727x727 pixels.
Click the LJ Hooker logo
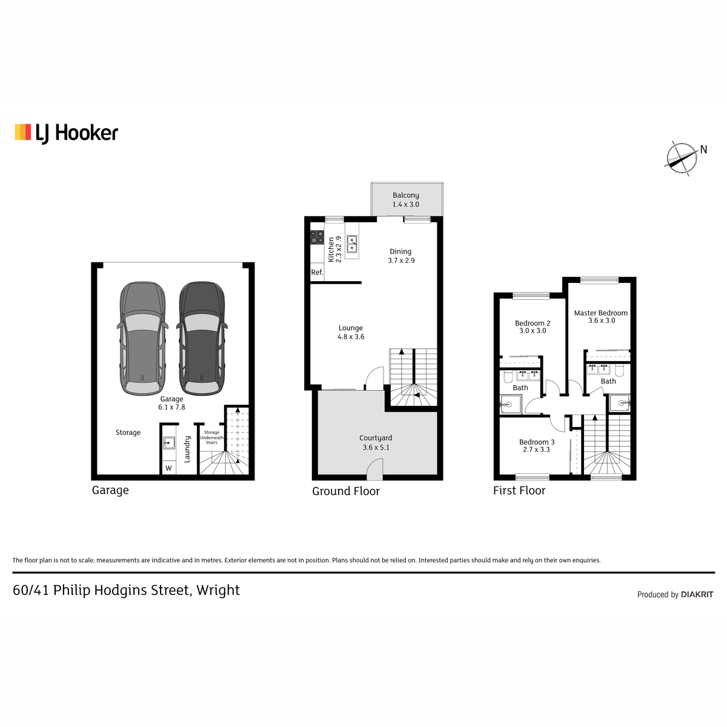coord(67,133)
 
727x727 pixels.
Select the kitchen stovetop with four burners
coord(317,237)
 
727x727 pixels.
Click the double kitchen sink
coord(352,244)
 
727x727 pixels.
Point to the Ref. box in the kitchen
coord(317,272)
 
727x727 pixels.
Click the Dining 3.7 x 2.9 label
coord(401,256)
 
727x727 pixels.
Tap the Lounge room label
coord(351,333)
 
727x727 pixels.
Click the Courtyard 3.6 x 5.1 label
coord(376,442)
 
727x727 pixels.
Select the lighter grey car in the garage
coord(142,339)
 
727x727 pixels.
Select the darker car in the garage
coord(202,339)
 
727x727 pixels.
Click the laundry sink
coord(169,442)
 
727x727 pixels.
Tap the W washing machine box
coord(168,468)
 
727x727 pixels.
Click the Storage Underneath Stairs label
coord(211,437)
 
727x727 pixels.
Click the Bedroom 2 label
coord(533,324)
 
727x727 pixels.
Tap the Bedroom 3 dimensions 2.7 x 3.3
coord(537,450)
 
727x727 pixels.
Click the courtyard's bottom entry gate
coord(375,470)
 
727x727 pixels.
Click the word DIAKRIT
coord(697,594)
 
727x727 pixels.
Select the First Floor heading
coord(519,491)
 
